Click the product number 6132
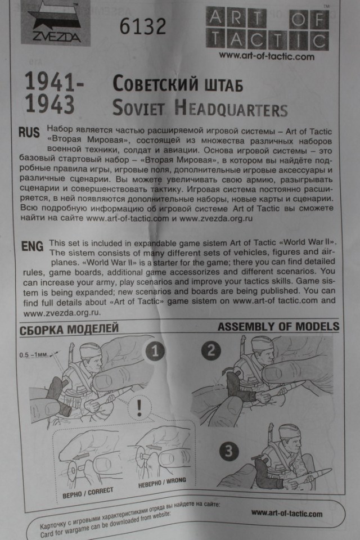(143, 26)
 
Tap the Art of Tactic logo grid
(267, 29)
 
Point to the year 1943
(50, 105)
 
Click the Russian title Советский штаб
(178, 84)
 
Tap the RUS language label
(29, 133)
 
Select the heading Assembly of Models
(278, 327)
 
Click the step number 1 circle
(155, 353)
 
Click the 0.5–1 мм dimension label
(33, 355)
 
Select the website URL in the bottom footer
(286, 513)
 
